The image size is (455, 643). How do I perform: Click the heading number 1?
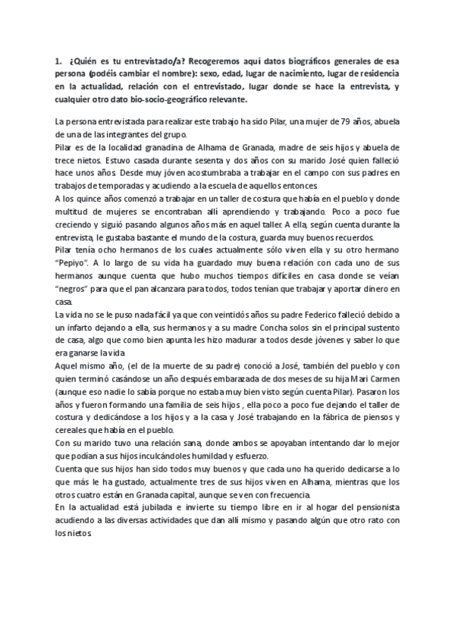58,58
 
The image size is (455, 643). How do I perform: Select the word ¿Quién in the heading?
83,58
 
